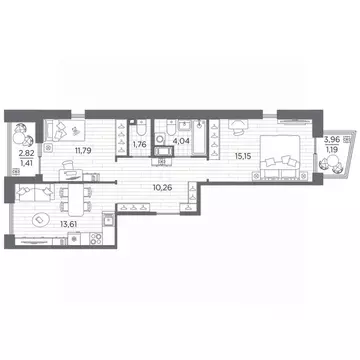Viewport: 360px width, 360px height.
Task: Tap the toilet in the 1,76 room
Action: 140,128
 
